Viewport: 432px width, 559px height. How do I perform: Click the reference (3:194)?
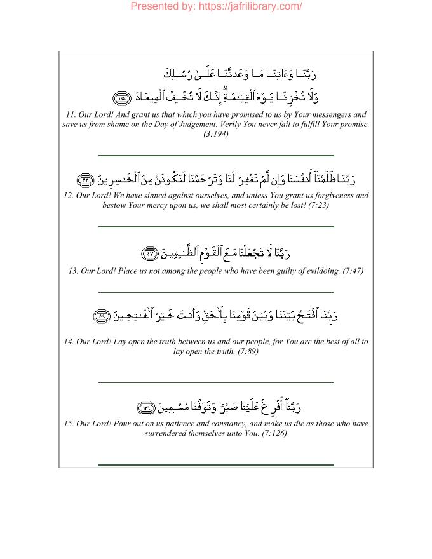point(216,135)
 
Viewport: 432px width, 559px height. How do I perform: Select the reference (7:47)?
point(353,271)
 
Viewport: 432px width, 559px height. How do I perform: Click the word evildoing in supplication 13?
point(321,271)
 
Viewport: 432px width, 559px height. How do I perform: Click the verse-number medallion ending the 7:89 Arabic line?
point(102,316)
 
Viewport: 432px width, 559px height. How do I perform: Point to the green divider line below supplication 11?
point(216,156)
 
